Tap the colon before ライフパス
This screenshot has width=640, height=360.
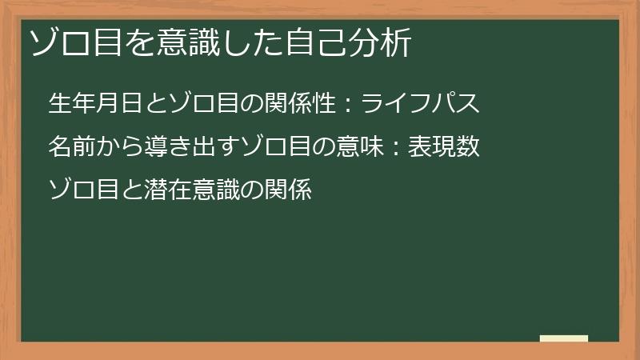pos(348,105)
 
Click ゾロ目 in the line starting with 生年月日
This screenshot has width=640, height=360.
pos(190,103)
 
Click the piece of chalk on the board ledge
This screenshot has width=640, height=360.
pos(564,338)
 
